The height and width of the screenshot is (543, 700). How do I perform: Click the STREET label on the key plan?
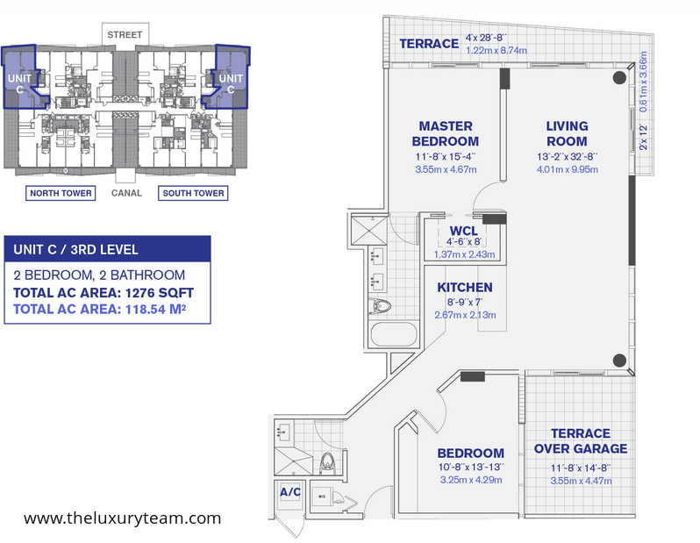point(125,35)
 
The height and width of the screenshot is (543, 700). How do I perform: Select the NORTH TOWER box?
point(61,193)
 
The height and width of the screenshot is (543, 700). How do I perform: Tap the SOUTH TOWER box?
point(193,193)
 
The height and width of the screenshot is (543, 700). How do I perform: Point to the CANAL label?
point(127,193)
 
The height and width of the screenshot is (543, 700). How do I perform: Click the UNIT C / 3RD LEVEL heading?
point(76,250)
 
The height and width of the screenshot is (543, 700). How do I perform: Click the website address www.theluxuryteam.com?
point(122,518)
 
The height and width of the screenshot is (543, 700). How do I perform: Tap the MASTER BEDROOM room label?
point(446,133)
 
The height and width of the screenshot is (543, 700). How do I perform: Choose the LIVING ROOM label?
point(567,133)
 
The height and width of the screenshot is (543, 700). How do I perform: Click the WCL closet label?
point(464,231)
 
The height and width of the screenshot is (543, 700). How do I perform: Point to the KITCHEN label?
point(465,287)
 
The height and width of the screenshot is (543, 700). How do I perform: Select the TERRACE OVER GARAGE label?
point(581,440)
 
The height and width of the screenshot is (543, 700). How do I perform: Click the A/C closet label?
point(290,492)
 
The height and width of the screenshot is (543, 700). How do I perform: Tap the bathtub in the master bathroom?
point(394,334)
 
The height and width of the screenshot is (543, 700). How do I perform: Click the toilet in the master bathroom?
point(380,306)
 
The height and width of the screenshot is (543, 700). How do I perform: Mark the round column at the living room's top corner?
point(619,78)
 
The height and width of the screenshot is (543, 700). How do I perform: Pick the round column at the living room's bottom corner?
point(619,361)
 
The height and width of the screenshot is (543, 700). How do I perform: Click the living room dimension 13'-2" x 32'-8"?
point(567,157)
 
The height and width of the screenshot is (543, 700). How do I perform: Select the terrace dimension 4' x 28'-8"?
point(486,38)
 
